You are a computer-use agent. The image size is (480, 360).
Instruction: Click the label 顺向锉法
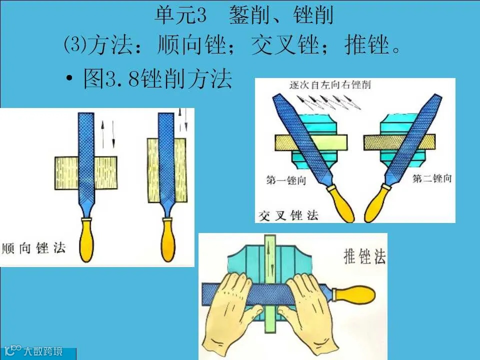[33, 248]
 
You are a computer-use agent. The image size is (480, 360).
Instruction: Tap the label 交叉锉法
[288, 215]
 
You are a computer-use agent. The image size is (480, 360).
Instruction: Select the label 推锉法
[364, 256]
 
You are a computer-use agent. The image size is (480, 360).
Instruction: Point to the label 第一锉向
[286, 180]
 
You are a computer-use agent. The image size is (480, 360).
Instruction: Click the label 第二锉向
[432, 178]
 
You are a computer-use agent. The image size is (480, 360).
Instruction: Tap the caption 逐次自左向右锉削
[330, 84]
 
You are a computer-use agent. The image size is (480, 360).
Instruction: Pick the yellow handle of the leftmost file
[86, 239]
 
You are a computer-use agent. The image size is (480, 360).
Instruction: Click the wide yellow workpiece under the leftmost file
[86, 173]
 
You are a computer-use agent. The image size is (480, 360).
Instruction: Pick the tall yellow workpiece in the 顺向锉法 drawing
[167, 170]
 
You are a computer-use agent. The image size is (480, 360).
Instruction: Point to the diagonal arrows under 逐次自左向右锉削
[329, 102]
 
